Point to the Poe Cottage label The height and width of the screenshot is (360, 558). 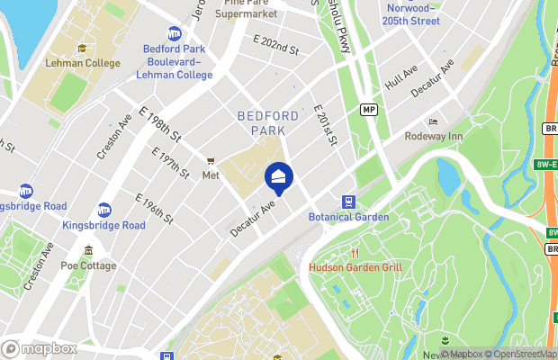[x=88, y=265]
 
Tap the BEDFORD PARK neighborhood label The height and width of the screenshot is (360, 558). [x=268, y=116]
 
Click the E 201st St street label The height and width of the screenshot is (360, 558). [x=325, y=125]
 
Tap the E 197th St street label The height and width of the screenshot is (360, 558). [x=174, y=162]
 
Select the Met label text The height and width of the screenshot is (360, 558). [x=211, y=175]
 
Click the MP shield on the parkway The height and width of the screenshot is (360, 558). [x=367, y=109]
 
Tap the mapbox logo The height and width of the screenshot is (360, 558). [x=40, y=348]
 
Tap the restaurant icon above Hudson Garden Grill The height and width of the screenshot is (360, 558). [x=355, y=253]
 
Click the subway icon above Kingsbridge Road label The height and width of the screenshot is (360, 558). [x=104, y=210]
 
